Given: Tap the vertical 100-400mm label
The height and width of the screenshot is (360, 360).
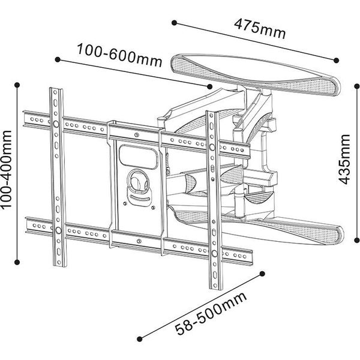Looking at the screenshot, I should pyautogui.click(x=8, y=170).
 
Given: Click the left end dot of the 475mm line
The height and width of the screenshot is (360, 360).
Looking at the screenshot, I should pyautogui.click(x=173, y=23).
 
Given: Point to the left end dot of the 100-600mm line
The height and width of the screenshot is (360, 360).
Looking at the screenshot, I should pyautogui.click(x=58, y=59).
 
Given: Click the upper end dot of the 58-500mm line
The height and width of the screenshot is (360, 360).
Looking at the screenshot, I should pyautogui.click(x=262, y=273).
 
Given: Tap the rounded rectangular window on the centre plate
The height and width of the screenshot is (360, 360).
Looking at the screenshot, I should pyautogui.click(x=138, y=155).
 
